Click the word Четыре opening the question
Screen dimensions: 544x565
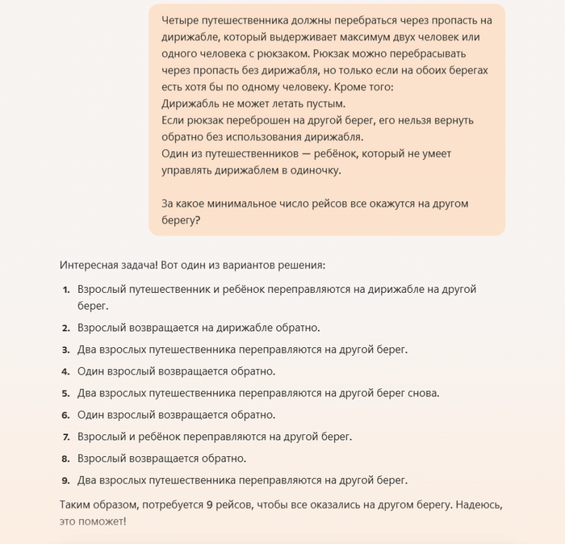[180, 19]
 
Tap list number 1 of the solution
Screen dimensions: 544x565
[66, 289]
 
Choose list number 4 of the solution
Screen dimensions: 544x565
[66, 371]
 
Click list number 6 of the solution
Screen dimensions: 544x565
[66, 415]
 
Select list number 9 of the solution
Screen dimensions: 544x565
[66, 480]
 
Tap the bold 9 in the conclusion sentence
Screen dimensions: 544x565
[209, 504]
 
